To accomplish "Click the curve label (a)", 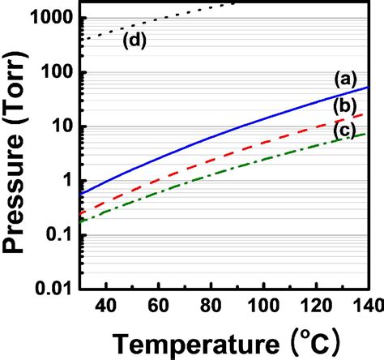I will [x=343, y=79].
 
